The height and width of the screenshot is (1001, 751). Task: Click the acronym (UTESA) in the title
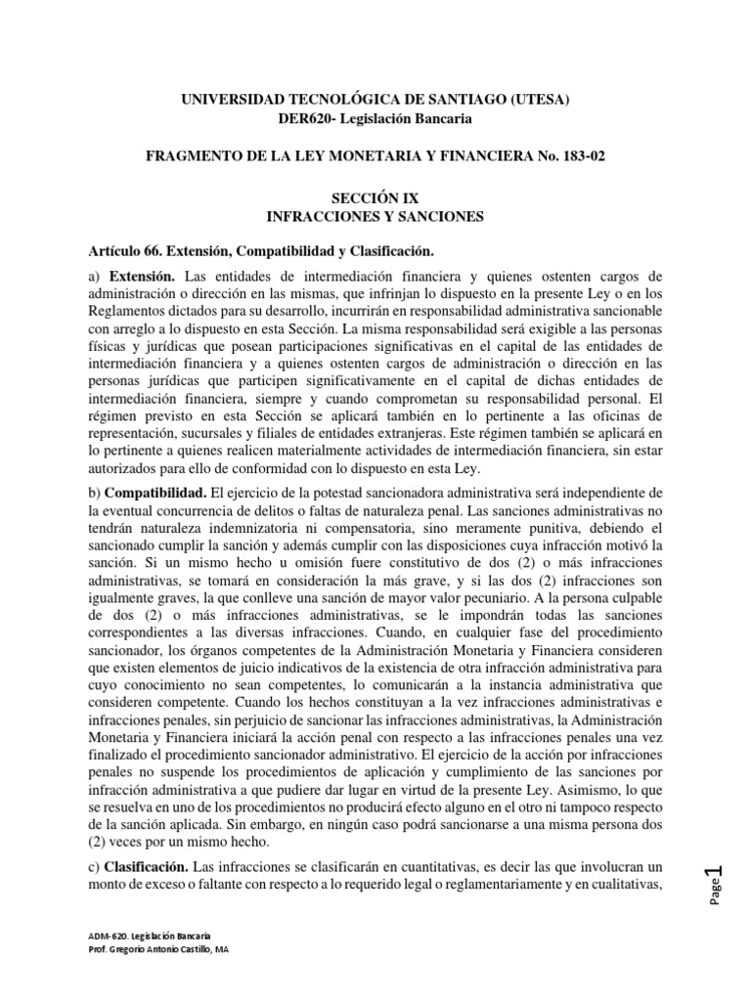click(536, 99)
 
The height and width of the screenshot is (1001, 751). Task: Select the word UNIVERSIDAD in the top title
click(232, 99)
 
